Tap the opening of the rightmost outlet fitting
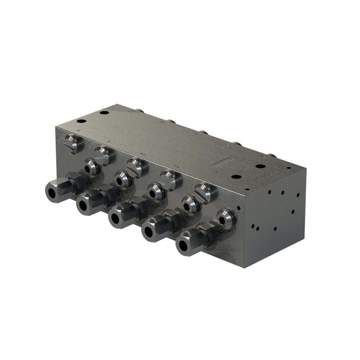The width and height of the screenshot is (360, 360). point(183,246)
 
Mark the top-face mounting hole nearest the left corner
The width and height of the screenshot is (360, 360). point(81,121)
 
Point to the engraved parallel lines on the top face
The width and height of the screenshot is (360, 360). point(222,162)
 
